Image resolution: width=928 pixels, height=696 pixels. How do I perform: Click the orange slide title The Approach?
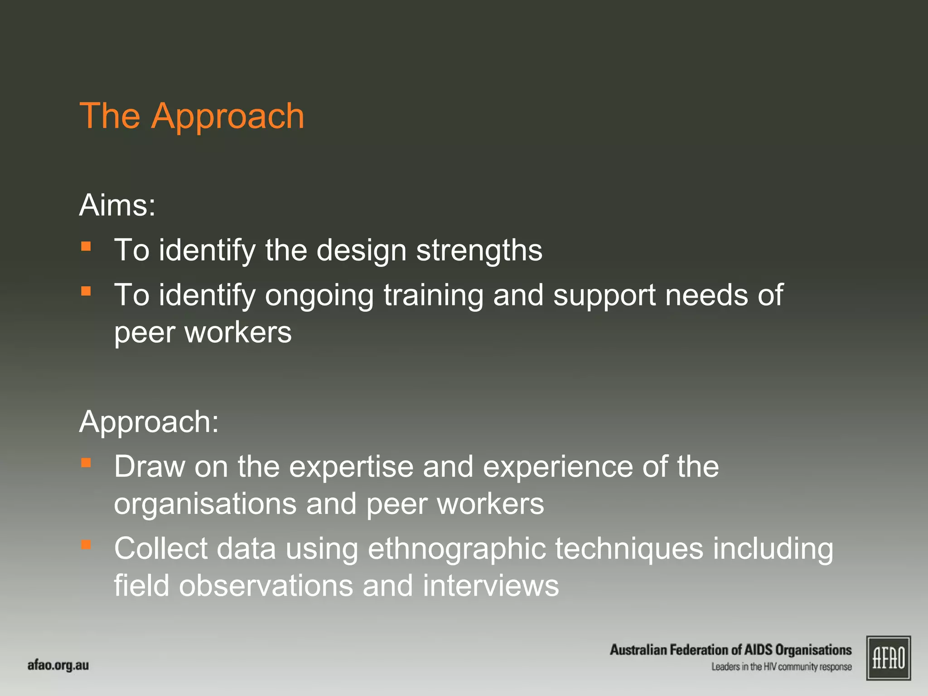pyautogui.click(x=192, y=116)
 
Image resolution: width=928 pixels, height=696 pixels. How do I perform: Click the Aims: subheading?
pyautogui.click(x=117, y=205)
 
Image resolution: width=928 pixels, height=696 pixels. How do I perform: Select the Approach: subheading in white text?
pyautogui.click(x=149, y=422)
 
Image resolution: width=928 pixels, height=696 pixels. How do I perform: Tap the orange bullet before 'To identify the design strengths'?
pyautogui.click(x=86, y=246)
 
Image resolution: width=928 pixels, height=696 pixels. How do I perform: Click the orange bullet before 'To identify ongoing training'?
pyautogui.click(x=86, y=291)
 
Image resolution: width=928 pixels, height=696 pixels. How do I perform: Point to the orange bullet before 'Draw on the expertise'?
pyautogui.click(x=86, y=463)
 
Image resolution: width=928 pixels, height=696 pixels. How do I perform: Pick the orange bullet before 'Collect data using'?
pyautogui.click(x=86, y=544)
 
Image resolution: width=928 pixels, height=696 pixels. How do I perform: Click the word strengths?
pyautogui.click(x=479, y=251)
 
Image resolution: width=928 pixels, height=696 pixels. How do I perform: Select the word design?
pyautogui.click(x=361, y=251)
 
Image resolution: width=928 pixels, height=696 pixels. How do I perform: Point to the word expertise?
pyautogui.click(x=351, y=467)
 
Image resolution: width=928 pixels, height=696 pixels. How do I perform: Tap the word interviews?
pyautogui.click(x=491, y=585)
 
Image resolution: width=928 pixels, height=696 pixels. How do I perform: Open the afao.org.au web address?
pyautogui.click(x=58, y=666)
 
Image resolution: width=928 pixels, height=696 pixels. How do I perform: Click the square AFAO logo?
pyautogui.click(x=888, y=658)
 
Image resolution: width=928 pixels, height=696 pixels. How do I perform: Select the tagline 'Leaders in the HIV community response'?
pyautogui.click(x=781, y=667)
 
